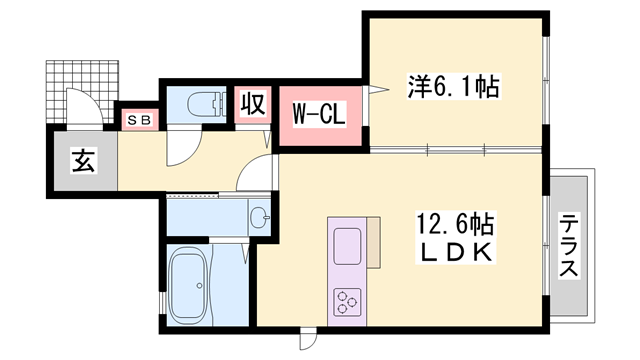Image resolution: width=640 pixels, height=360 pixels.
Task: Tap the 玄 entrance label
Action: (x=81, y=161)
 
